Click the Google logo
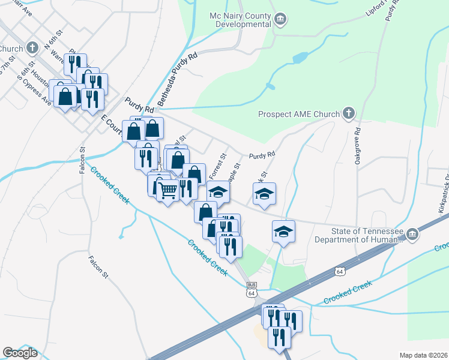click(20, 353)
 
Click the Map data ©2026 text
click(423, 355)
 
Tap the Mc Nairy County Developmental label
click(240, 20)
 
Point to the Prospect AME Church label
click(298, 114)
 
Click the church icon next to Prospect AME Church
click(348, 113)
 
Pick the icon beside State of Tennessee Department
click(412, 233)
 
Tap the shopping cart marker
click(169, 190)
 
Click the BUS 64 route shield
click(252, 289)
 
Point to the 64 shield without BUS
click(340, 272)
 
